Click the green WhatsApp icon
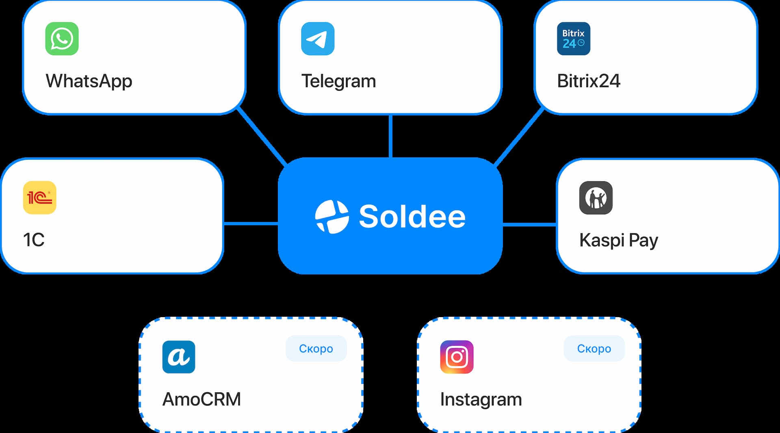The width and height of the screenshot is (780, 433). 62,39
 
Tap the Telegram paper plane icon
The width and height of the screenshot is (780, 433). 318,39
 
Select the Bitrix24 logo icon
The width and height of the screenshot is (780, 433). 573,39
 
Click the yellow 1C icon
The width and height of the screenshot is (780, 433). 39,198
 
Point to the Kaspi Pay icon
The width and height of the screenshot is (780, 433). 596,198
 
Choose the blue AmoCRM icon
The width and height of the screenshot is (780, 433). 179,357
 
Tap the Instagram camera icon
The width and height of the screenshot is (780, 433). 457,357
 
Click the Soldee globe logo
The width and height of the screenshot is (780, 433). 332,217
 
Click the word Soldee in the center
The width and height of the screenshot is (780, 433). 412,217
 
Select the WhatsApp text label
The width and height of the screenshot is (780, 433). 89,81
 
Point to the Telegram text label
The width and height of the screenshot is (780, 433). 338,81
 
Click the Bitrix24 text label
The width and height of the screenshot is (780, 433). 589,81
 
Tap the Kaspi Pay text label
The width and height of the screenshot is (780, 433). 618,240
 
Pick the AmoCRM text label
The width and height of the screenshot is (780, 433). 201,399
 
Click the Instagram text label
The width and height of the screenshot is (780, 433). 481,399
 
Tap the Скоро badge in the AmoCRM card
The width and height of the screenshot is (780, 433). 316,348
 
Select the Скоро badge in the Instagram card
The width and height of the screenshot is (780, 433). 594,348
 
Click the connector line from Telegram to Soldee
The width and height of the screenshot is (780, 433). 390,136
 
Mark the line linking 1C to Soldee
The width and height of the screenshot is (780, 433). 251,224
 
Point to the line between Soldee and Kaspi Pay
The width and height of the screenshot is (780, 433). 529,224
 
